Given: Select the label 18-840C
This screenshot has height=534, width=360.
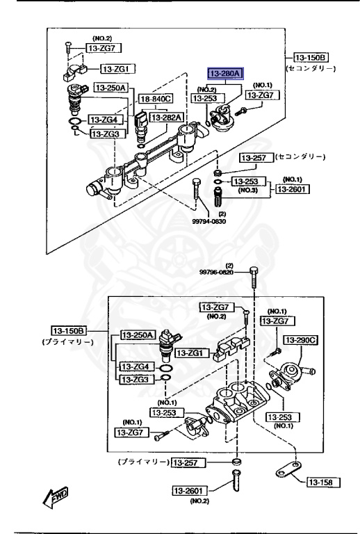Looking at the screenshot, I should pos(154,100).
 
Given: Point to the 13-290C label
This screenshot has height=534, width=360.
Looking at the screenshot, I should pos(301,340).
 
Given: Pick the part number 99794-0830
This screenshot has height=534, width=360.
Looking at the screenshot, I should pos(212,222).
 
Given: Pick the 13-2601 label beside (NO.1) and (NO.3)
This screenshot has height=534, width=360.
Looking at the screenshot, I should pos(293,188).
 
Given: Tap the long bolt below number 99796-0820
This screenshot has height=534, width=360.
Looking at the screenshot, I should pos(254,283).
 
